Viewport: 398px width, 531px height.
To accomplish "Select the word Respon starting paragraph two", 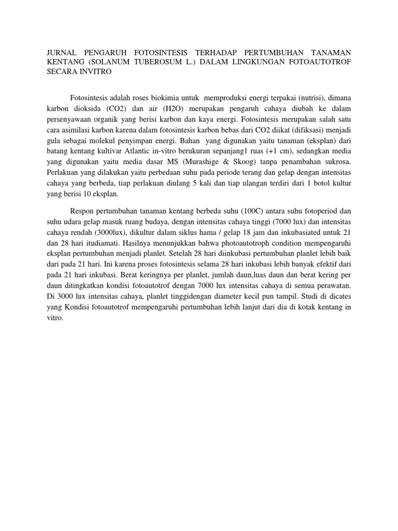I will click(x=82, y=211).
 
